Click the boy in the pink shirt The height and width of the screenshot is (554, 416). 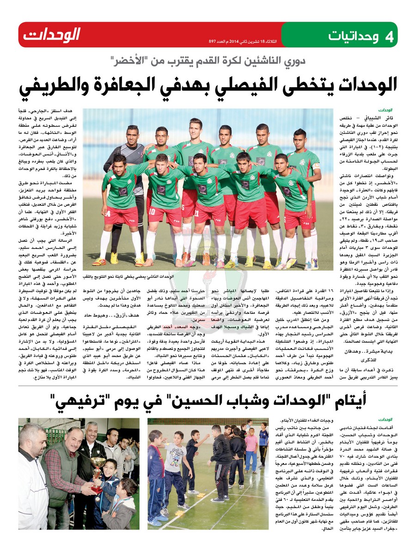pyautogui.click(x=251, y=450)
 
